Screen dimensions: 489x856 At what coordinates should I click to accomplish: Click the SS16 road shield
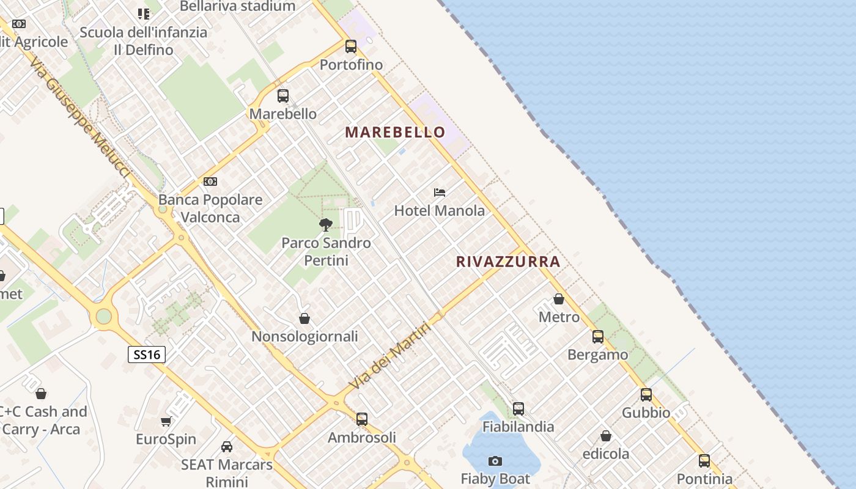[147, 354]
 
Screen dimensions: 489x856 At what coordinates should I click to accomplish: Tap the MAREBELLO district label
[396, 132]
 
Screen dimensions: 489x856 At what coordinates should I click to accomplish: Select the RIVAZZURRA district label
[508, 262]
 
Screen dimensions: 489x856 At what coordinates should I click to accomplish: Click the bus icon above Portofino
[351, 46]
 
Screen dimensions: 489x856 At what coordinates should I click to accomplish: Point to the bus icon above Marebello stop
[283, 96]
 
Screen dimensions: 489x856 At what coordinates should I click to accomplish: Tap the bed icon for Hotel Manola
[440, 193]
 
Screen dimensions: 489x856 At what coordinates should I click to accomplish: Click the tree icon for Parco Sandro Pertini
[326, 225]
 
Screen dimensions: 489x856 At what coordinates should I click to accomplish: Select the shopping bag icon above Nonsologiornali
[304, 318]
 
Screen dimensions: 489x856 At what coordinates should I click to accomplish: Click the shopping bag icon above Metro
[559, 299]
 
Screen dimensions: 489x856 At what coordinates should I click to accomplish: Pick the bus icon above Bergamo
[598, 337]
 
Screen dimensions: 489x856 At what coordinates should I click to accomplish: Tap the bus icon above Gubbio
[646, 395]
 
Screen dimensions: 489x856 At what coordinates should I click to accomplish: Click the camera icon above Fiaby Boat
[495, 461]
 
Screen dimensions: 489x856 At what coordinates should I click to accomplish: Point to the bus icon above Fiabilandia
[518, 408]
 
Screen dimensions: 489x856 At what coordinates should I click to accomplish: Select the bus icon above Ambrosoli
[362, 419]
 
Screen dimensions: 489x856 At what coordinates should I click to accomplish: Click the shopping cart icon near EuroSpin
[166, 421]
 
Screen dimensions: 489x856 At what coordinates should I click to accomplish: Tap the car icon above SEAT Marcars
[227, 447]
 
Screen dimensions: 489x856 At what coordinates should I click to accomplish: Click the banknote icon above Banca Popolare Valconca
[210, 182]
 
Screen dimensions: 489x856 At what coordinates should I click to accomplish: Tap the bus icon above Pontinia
[704, 461]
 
